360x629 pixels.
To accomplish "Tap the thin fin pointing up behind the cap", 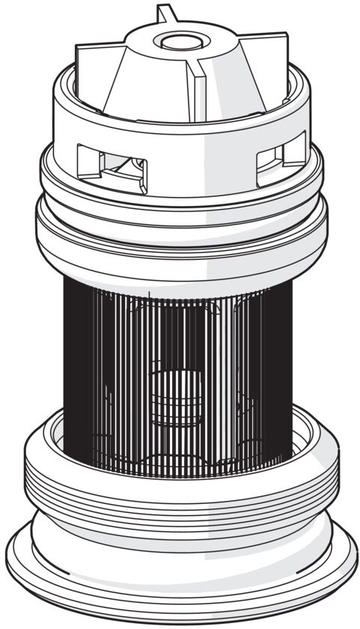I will [164, 13].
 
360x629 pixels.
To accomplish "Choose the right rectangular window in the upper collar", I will [281, 159].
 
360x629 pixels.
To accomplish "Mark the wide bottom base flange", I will [180, 592].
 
